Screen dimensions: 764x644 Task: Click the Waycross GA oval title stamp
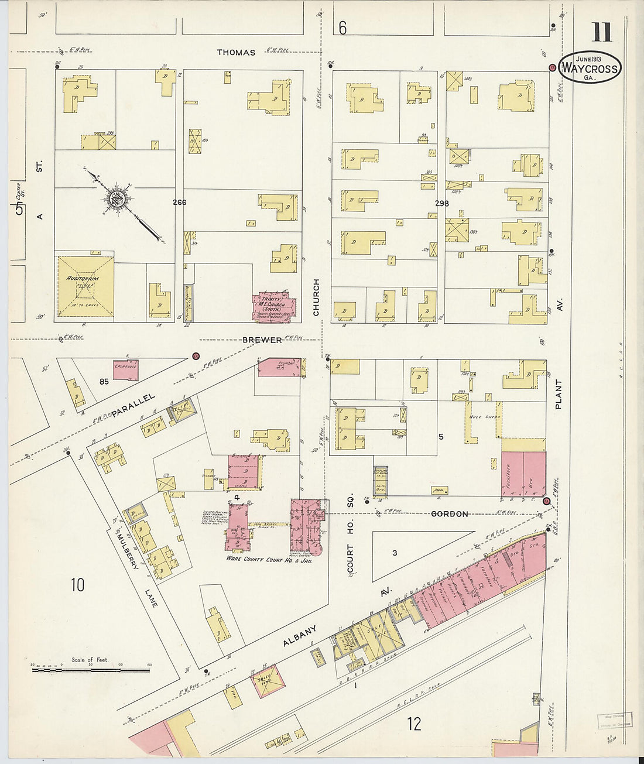[590, 67]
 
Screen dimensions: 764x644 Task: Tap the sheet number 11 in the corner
[601, 32]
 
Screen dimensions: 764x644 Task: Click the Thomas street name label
[236, 53]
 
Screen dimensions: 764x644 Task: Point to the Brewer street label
[262, 340]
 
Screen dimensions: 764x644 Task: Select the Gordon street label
[449, 514]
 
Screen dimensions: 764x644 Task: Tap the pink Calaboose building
[125, 369]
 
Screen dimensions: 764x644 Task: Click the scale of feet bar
[91, 669]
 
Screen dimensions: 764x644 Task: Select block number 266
[179, 203]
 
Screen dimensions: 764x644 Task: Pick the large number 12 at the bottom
[413, 724]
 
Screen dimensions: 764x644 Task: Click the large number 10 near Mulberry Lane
[77, 584]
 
